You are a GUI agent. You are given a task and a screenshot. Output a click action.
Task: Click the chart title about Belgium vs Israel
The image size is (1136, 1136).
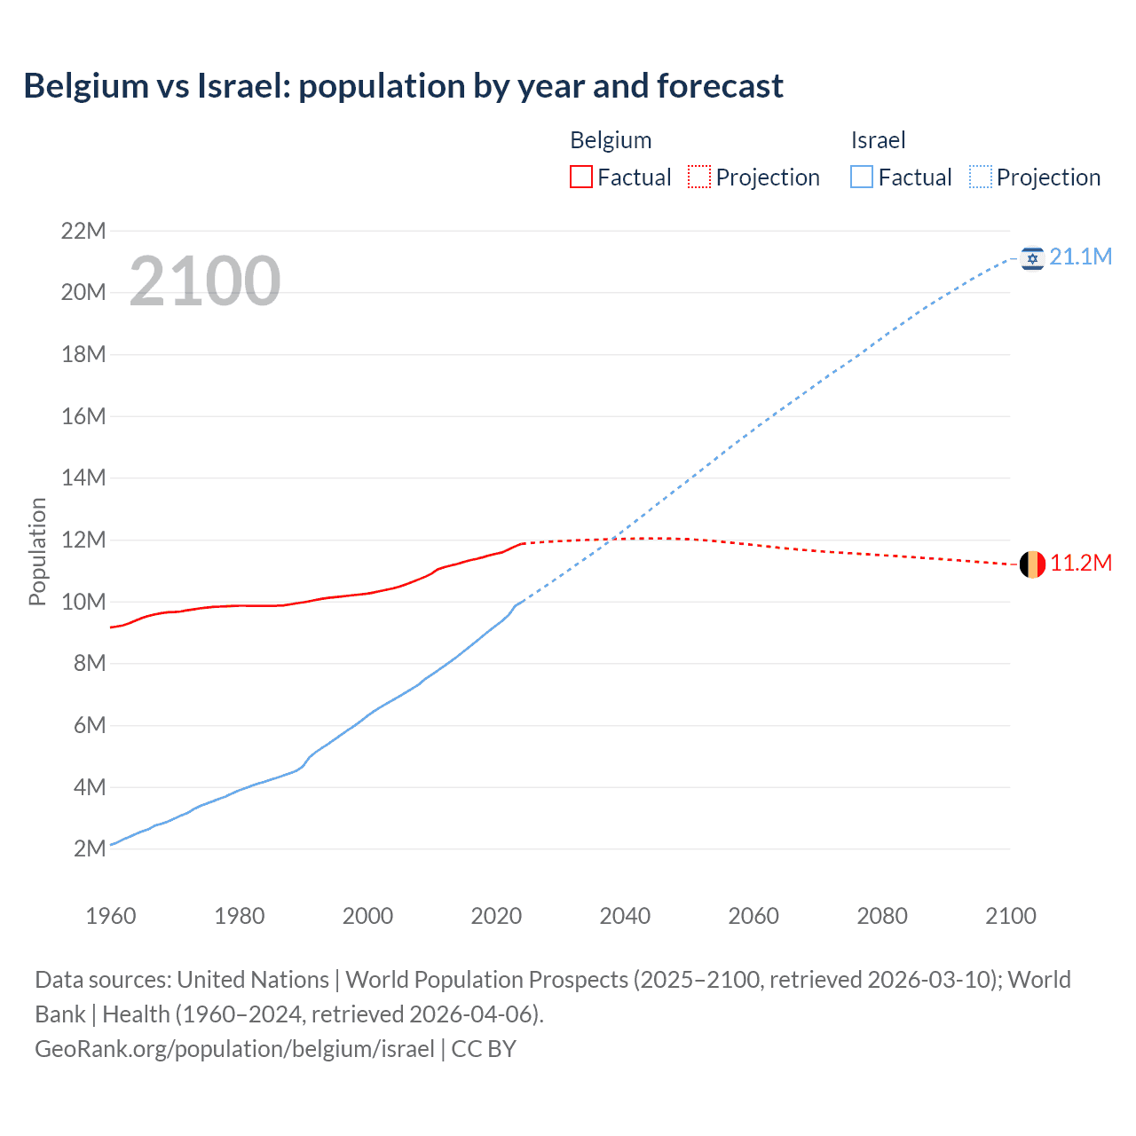(x=403, y=86)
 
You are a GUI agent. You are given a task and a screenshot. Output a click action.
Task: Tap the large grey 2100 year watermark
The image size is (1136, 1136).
(x=205, y=281)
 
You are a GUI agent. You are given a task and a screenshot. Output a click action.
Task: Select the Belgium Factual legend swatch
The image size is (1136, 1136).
(x=580, y=177)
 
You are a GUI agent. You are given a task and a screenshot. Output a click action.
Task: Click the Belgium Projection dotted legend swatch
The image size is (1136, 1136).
(x=699, y=177)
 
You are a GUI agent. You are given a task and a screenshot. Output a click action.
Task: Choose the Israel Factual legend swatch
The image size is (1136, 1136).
(x=861, y=177)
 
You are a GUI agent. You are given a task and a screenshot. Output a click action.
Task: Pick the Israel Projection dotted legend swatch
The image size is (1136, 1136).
(x=980, y=177)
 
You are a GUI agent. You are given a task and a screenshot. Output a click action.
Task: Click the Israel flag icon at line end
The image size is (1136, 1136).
(x=1032, y=258)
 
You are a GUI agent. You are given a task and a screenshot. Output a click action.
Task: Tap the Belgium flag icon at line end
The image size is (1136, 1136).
(x=1032, y=564)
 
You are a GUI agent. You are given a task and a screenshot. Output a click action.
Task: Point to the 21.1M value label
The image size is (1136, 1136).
(x=1080, y=257)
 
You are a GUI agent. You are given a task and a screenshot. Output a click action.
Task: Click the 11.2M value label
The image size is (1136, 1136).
(x=1081, y=564)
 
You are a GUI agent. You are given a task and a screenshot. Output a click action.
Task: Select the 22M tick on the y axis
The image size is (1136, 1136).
(x=83, y=232)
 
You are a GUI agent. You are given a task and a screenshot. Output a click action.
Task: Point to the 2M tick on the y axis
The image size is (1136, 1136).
(x=90, y=848)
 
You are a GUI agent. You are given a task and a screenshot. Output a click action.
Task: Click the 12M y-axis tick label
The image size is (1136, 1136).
(x=83, y=540)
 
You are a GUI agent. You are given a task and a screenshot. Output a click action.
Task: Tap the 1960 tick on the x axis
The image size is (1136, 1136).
(x=111, y=916)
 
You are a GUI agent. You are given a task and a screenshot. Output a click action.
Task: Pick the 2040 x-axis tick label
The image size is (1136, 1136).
(x=625, y=916)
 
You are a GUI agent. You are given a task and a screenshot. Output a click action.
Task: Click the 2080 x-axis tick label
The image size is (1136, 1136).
(x=882, y=916)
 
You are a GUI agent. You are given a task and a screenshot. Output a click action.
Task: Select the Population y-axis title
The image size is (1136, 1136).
(x=37, y=551)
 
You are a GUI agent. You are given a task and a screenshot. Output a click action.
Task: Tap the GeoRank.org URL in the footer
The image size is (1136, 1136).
(x=234, y=1049)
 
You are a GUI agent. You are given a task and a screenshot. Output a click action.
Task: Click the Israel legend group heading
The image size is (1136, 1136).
(x=878, y=140)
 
